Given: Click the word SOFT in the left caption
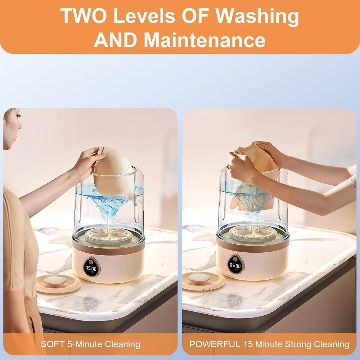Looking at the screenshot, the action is [53, 344].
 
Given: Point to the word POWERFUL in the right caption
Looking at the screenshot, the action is [215, 344].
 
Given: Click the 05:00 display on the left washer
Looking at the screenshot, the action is [91, 268].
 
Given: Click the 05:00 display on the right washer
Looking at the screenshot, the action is [235, 266].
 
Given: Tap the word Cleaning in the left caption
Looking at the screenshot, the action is [122, 345].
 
